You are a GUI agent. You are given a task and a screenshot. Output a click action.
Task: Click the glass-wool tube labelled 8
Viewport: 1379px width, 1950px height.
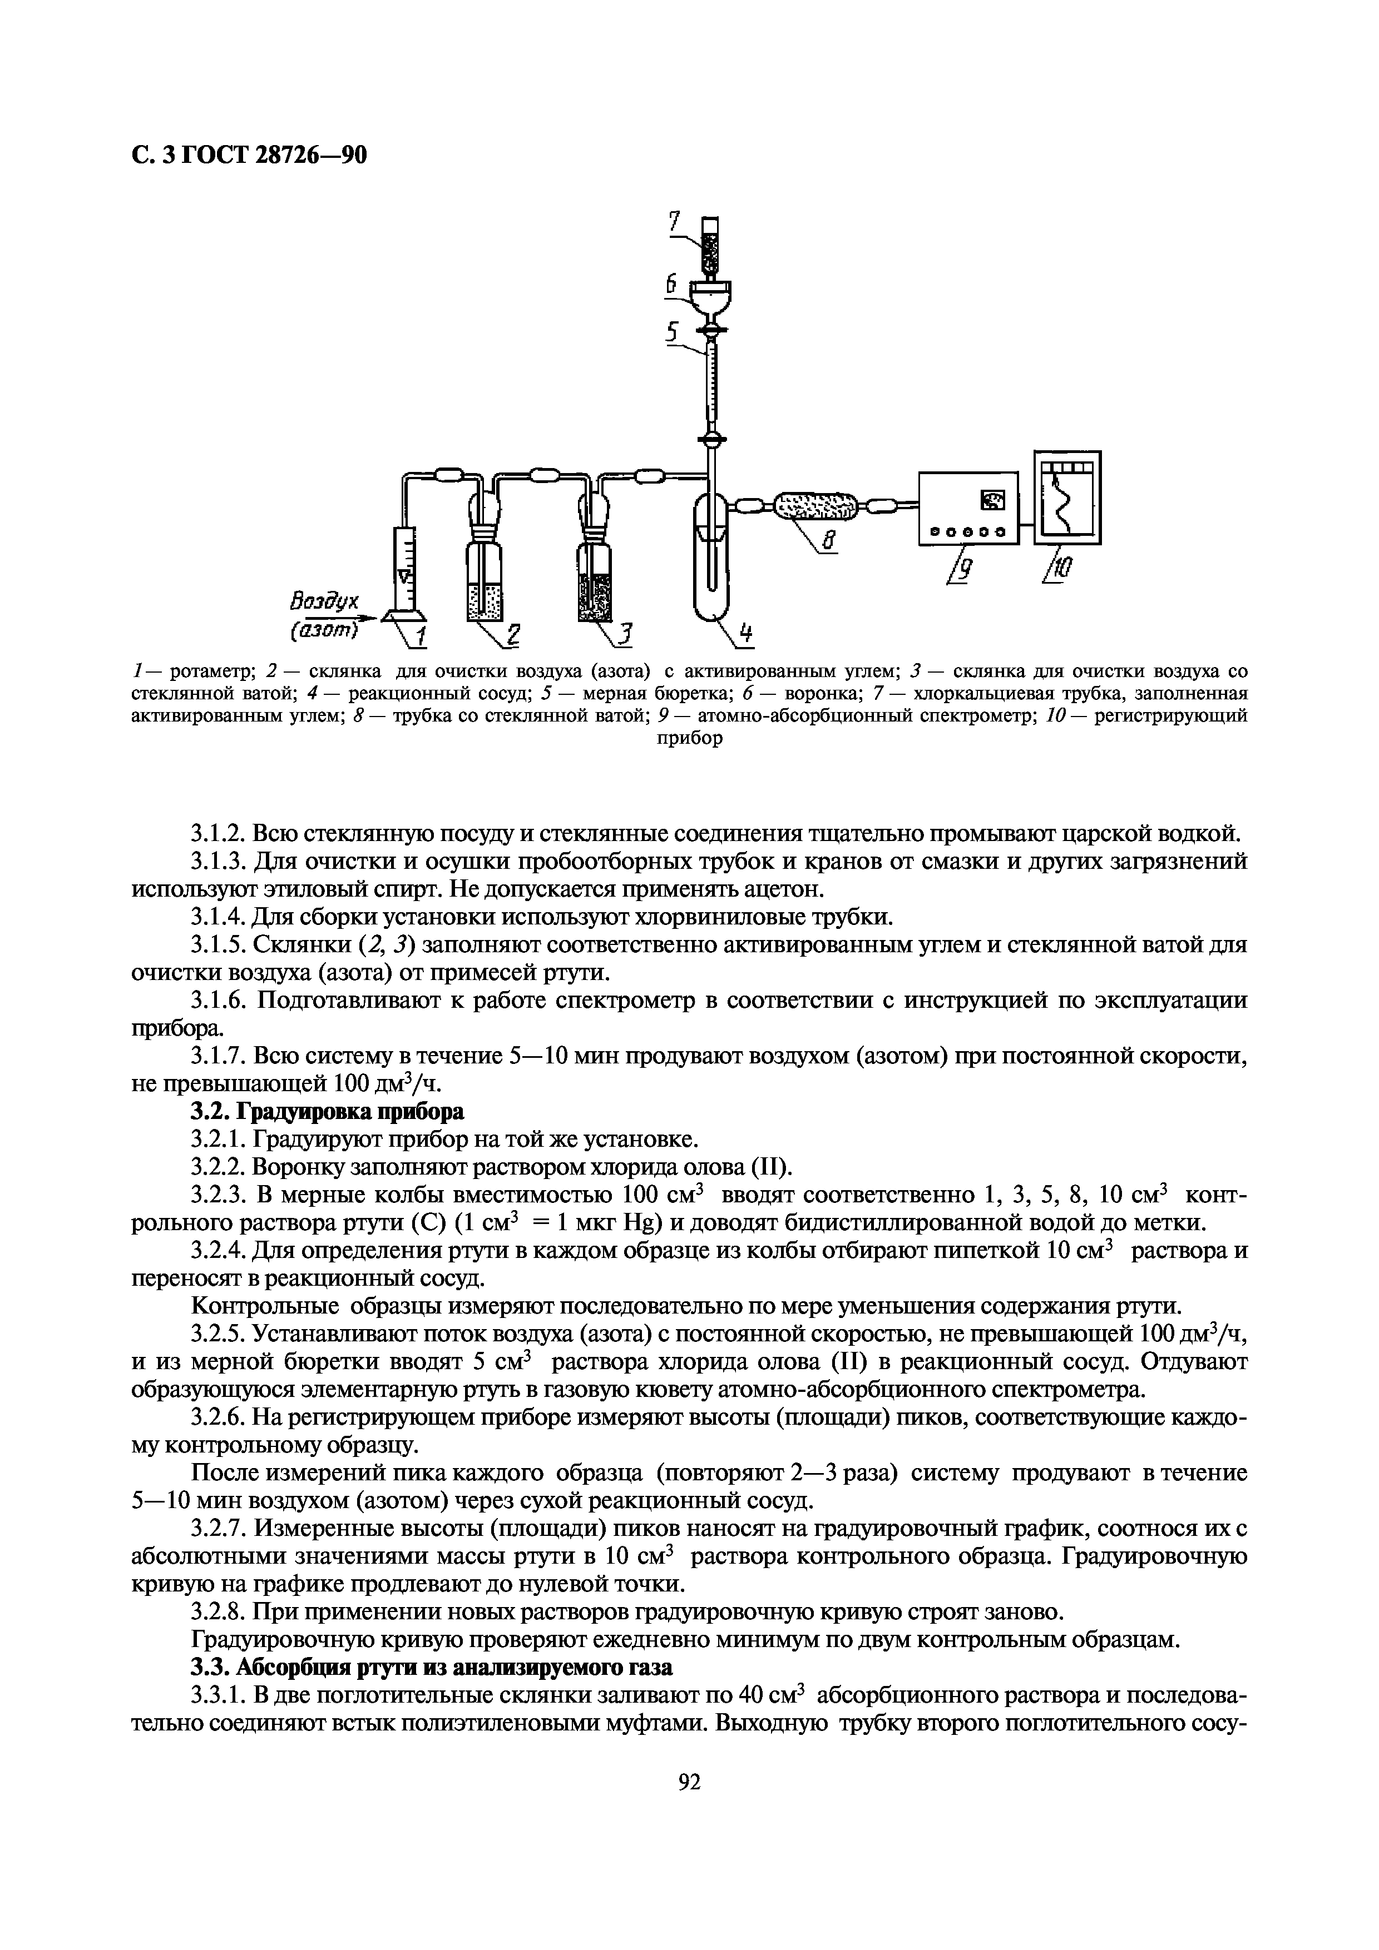coord(815,507)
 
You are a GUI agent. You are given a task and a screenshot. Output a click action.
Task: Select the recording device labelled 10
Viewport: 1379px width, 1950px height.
coord(1067,497)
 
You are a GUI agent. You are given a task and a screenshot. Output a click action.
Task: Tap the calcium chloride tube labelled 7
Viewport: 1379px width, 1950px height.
coord(710,246)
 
